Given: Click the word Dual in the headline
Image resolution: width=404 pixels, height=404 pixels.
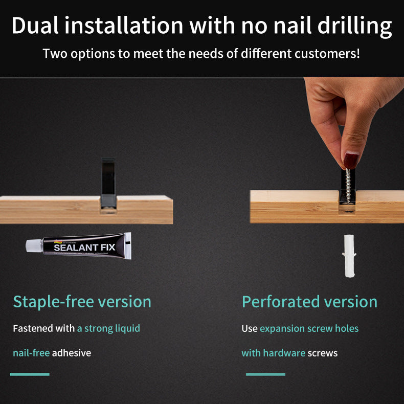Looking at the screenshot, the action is point(35,25).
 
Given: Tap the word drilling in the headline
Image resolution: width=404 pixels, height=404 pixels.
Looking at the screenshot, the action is point(354,27).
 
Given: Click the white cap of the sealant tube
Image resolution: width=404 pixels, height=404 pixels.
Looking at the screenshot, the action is point(34,245).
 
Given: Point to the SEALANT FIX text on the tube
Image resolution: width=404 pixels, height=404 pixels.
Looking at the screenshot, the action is point(84,248).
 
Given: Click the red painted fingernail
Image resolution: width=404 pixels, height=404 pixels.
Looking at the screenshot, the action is point(351,161).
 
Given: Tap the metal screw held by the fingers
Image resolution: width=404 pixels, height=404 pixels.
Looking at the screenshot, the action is point(348,186).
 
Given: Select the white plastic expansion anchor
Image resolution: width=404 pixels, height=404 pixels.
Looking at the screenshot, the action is point(349,256).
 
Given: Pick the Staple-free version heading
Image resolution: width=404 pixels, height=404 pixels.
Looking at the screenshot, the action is point(82,301).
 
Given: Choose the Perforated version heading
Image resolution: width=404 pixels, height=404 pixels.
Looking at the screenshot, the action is point(309,301).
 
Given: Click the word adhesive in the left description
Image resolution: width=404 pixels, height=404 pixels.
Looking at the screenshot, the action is point(72,353).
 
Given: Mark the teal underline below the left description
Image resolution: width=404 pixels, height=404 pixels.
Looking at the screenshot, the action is point(30,374).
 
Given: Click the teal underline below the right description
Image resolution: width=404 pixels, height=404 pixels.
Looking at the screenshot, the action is point(265,374).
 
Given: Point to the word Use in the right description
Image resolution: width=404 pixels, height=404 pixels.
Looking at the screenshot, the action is point(250,328).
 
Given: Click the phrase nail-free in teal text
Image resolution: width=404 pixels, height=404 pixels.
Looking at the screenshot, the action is point(31,353).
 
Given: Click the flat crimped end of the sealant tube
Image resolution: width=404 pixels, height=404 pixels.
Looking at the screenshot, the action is point(128,245).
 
